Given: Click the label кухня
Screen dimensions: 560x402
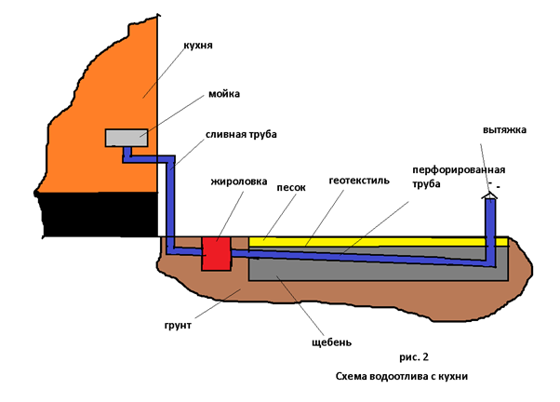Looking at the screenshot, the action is [198, 46].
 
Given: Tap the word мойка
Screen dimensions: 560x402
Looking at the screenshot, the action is [224, 94].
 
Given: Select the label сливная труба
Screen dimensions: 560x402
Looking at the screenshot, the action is [241, 134].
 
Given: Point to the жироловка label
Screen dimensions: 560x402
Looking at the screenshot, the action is [238, 181].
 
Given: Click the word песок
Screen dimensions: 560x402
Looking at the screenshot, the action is [291, 188].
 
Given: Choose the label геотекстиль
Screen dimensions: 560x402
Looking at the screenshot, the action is [359, 181].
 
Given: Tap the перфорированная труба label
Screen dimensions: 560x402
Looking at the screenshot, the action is [459, 177].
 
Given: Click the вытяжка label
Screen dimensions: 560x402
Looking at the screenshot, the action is [504, 129].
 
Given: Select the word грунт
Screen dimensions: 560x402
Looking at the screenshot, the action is [178, 326].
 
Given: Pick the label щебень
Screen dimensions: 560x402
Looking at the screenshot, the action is [331, 342].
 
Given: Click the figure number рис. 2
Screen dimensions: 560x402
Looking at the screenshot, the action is [414, 357].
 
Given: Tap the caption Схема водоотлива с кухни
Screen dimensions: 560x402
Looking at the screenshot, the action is [402, 376].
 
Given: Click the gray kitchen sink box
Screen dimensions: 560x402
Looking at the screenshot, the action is [127, 138].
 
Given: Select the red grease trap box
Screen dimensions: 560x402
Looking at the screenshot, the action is [217, 254].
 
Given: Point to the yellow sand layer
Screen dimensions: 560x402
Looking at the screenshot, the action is [378, 242].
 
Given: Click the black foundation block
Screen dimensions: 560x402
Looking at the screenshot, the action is [99, 214].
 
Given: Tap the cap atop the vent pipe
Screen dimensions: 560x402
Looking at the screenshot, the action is [489, 195].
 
